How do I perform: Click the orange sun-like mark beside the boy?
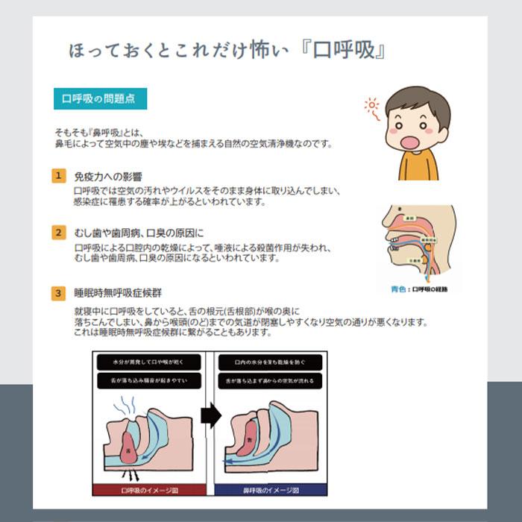(371, 107)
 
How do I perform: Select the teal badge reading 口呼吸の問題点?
(99, 98)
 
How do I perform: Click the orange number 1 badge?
(58, 176)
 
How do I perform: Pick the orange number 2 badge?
(58, 232)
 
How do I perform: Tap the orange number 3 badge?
(58, 293)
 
